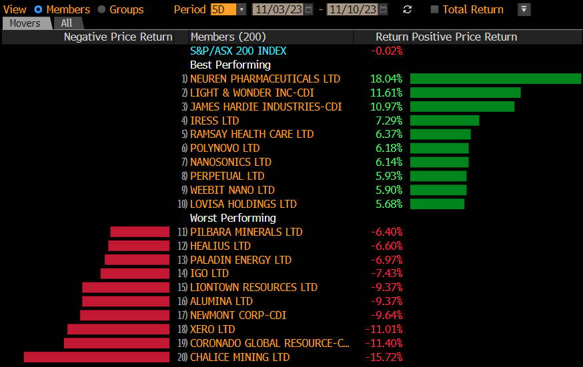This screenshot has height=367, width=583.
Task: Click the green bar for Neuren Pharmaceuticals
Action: coord(495,79)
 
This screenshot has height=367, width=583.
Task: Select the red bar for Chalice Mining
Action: coord(97,357)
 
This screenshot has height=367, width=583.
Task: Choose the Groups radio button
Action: coord(101,9)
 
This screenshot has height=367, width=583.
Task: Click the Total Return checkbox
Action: coord(435,9)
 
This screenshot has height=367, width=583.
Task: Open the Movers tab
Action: coord(25,23)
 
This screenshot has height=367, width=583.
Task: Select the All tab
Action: coord(67,23)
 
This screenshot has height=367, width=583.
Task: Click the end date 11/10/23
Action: coord(352,9)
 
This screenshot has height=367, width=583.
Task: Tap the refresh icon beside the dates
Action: coord(408,9)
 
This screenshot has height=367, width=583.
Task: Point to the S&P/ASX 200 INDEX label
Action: coord(238,51)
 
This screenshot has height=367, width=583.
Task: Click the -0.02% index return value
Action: coord(387,51)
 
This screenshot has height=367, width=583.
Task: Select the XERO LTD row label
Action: coord(212,329)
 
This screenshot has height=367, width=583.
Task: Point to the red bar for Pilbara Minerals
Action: coord(139,232)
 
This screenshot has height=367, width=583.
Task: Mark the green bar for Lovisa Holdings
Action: coord(437,204)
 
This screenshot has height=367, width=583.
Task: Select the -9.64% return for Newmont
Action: coord(386,315)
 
